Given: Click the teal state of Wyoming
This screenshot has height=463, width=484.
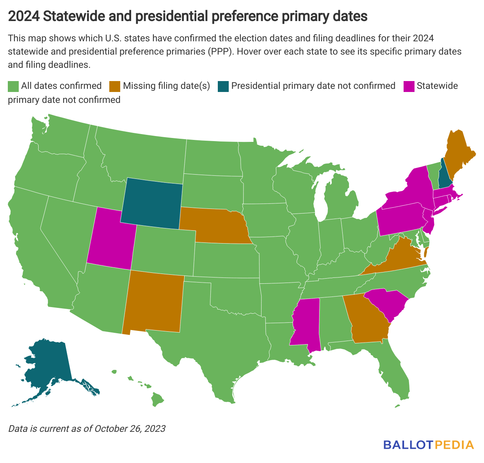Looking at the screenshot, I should (x=151, y=203).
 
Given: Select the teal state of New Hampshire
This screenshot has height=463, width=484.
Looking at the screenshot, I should (x=443, y=177).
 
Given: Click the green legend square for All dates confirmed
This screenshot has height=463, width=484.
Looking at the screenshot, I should (x=13, y=86).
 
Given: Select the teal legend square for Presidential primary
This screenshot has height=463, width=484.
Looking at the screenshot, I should (x=223, y=86).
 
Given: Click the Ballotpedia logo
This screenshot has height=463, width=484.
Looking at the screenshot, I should (x=429, y=445).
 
